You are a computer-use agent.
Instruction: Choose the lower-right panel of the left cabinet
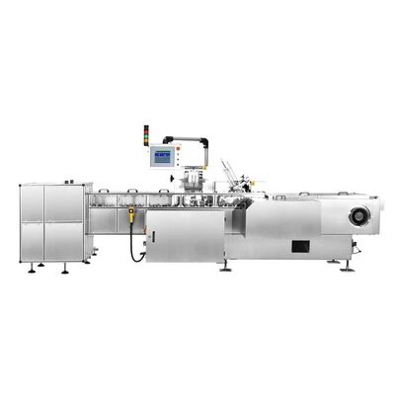[63, 241]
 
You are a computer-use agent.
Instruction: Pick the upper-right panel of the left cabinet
[63, 204]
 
